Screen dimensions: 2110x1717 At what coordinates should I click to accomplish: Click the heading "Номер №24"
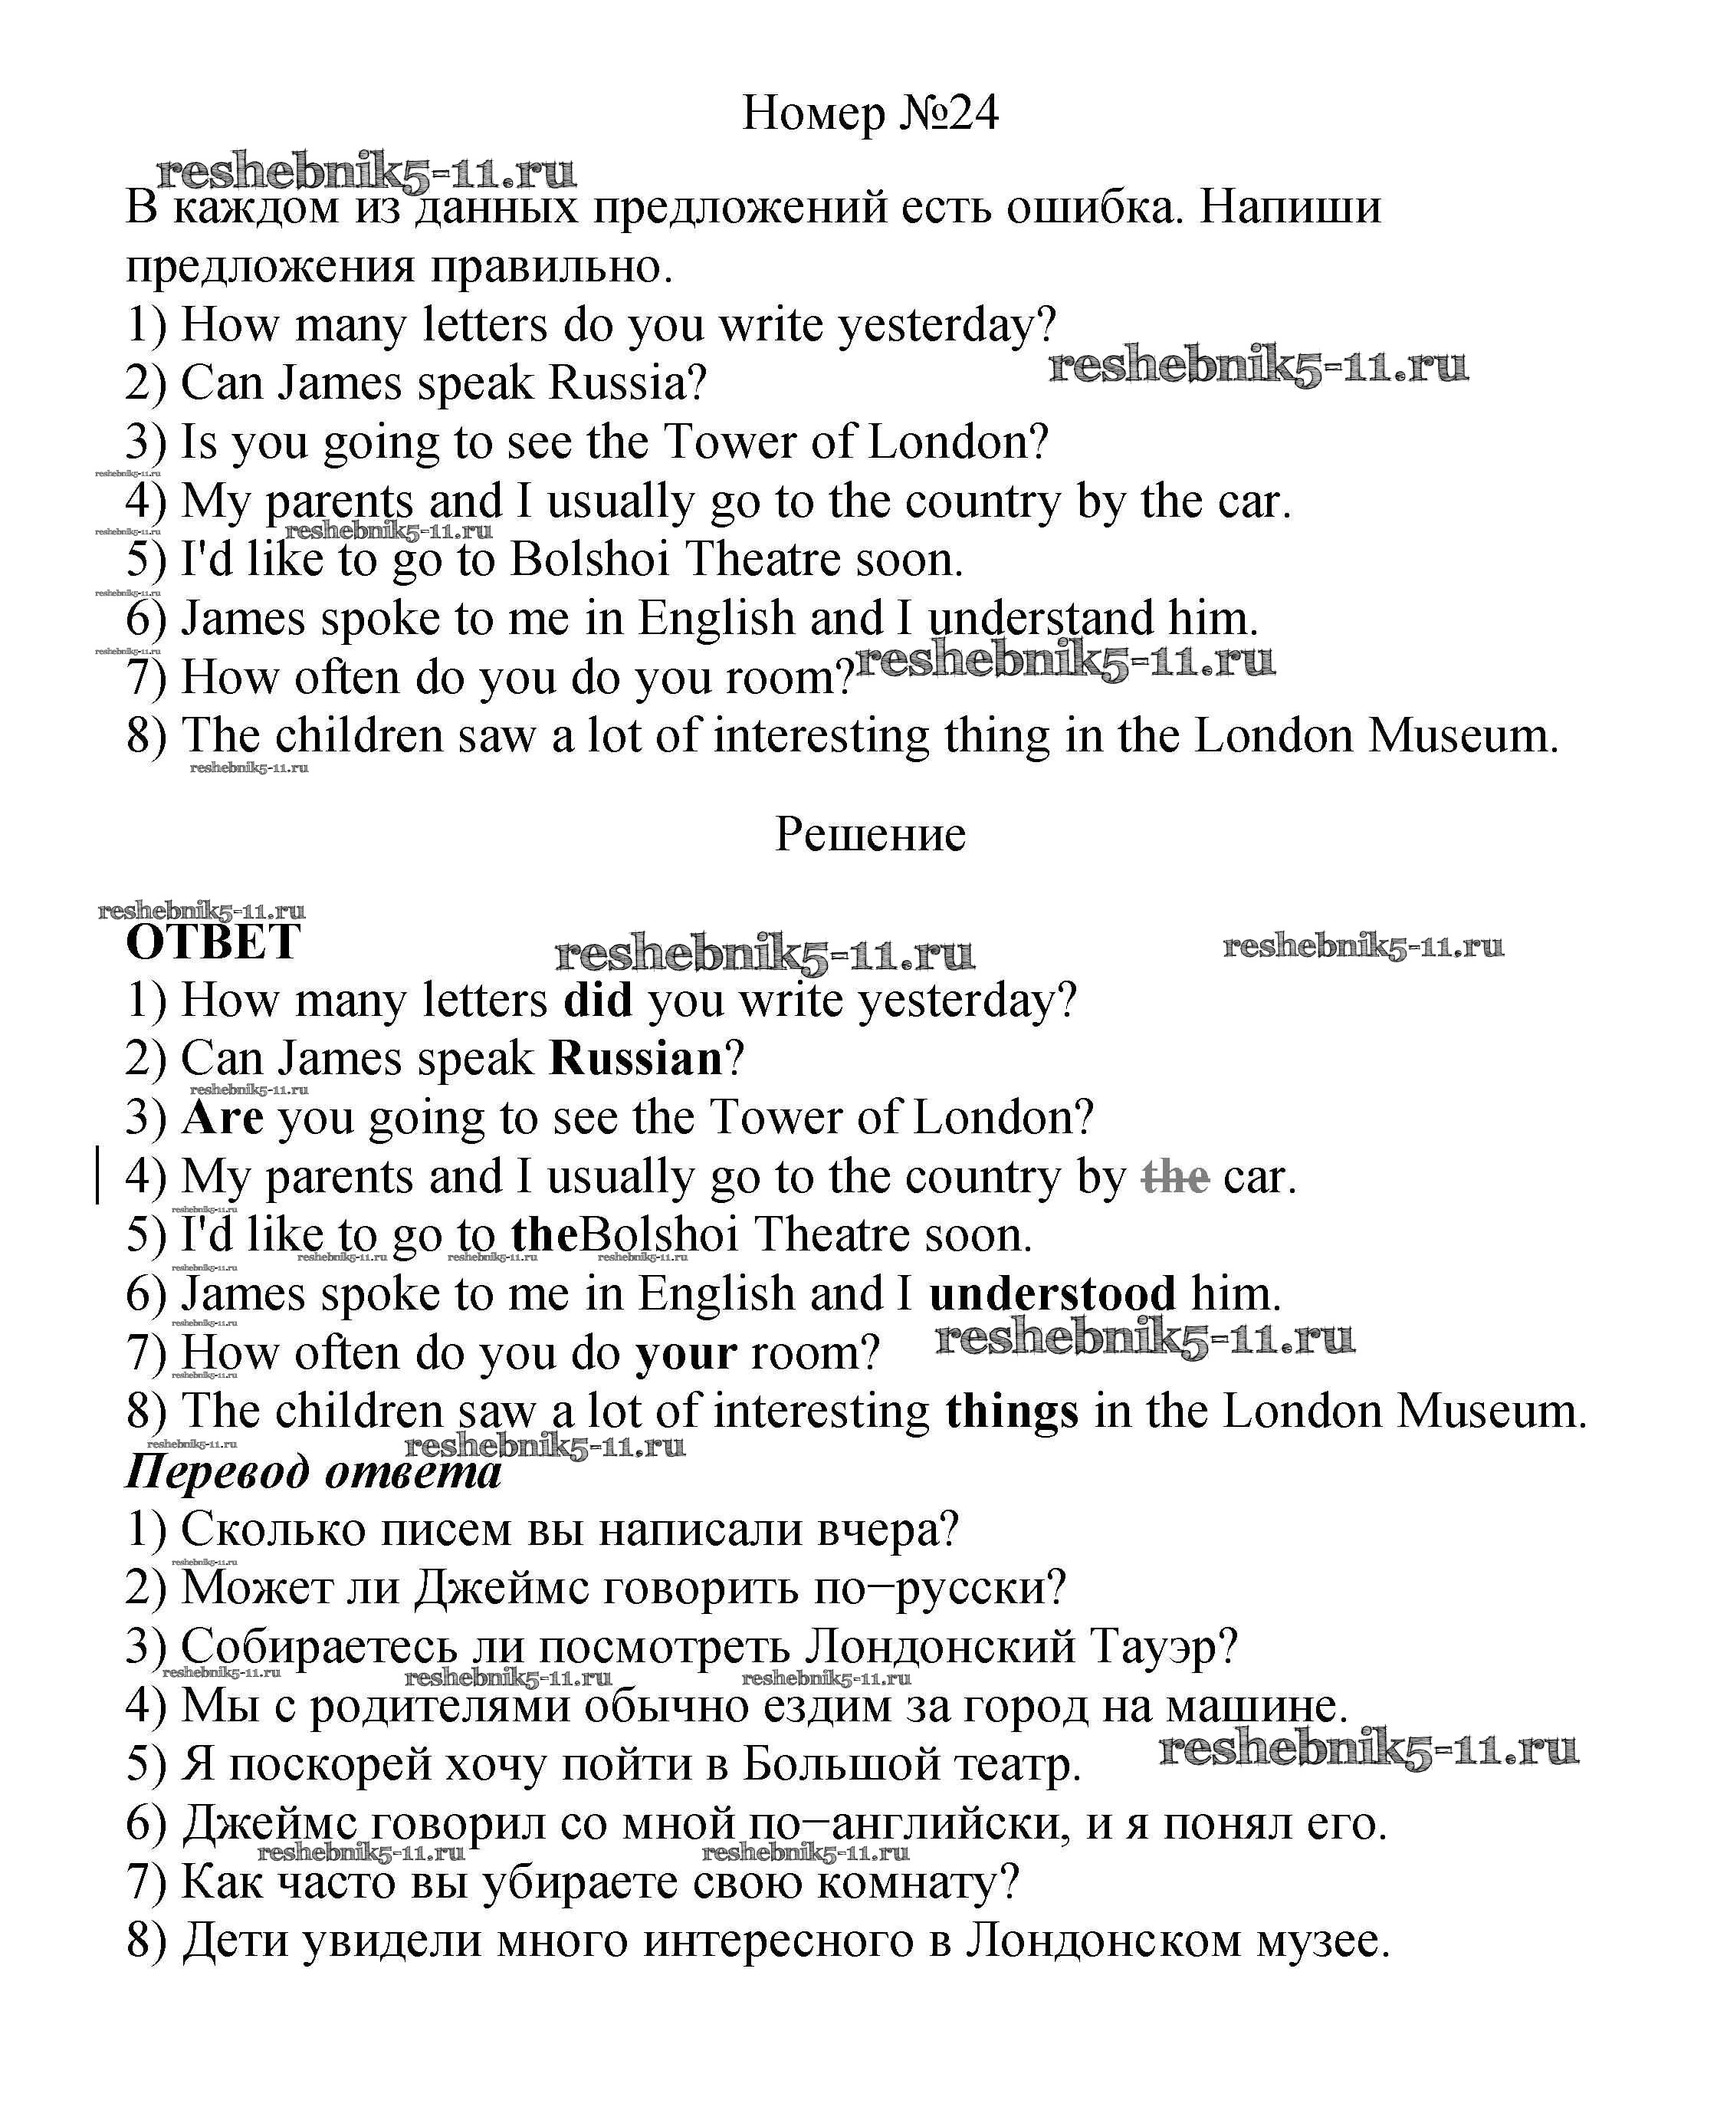tap(869, 113)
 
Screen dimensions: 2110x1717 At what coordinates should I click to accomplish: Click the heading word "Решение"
tap(869, 834)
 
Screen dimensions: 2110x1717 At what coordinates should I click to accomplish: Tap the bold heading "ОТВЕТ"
tap(212, 942)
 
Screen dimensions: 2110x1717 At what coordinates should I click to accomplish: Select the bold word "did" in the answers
tap(597, 1000)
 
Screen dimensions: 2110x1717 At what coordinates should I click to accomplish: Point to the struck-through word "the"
tap(1175, 1176)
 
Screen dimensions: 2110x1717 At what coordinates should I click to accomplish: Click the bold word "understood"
tap(1052, 1294)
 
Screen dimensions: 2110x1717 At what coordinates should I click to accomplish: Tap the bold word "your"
tap(685, 1352)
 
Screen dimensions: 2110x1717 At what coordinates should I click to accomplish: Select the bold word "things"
tap(1012, 1411)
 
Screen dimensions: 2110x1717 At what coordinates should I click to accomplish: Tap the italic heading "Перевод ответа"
tap(314, 1472)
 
